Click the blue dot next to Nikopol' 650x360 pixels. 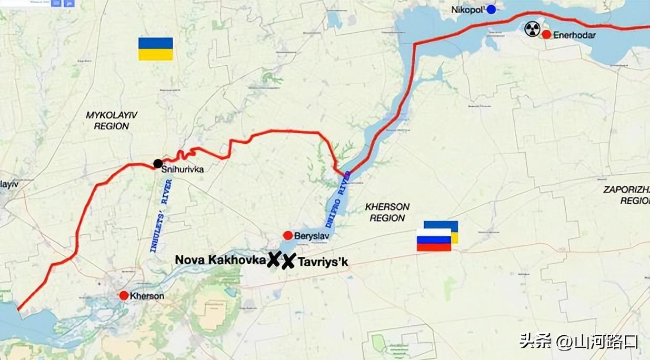point(491,9)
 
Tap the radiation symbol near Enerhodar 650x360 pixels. point(532,28)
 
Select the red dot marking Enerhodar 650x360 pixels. point(546,35)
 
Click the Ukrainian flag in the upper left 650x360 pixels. point(155,48)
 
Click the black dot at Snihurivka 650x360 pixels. point(157,164)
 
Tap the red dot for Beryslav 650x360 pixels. point(288,236)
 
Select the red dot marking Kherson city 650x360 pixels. point(124,296)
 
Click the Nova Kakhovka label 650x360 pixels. point(220,260)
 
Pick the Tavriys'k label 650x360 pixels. point(323,262)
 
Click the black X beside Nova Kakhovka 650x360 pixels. point(273,259)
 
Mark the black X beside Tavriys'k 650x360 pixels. point(288,262)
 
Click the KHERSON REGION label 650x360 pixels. point(387,212)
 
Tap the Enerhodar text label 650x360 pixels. point(574,35)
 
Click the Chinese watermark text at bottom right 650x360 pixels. point(579,342)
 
